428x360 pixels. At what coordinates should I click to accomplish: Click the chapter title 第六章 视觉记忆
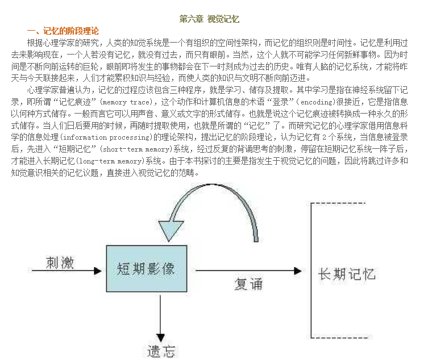(209, 19)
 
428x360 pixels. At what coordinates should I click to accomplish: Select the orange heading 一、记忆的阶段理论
(63, 31)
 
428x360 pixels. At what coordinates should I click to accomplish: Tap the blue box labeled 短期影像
(147, 269)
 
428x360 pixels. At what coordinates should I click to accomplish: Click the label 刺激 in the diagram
(60, 262)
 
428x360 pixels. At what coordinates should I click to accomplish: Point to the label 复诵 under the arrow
(248, 284)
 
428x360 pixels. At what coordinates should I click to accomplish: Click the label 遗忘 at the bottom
(161, 351)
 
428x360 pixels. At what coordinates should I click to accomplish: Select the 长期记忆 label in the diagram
(347, 274)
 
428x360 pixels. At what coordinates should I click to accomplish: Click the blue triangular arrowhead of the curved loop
(171, 231)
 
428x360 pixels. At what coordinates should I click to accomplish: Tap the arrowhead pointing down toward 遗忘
(160, 338)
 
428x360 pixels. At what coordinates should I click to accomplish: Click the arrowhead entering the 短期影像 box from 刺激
(98, 271)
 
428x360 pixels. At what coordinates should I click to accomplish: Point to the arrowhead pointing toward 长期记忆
(298, 271)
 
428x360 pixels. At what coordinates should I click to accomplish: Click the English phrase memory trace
(126, 102)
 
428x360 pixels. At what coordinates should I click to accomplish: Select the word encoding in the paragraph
(318, 102)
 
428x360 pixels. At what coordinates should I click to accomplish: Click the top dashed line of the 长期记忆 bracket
(338, 203)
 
